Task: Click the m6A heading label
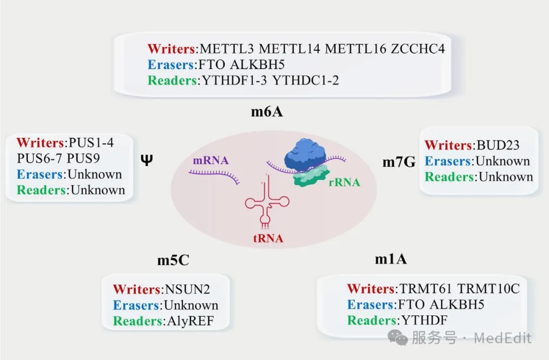tap(266, 112)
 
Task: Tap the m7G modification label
tap(399, 162)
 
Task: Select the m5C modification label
tap(173, 261)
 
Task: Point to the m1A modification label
tap(391, 259)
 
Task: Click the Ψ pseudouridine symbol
tap(146, 161)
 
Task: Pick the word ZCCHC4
tap(418, 49)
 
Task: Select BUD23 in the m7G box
tap(498, 145)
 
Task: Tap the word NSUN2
tap(187, 289)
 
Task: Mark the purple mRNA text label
tap(210, 161)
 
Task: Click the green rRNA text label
tap(344, 182)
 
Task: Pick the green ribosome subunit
tap(311, 176)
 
